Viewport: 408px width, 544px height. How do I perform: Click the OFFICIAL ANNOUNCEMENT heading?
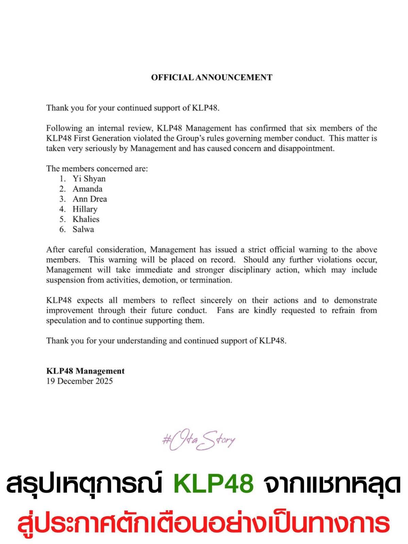[211, 78]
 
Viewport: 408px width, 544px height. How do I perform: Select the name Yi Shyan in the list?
[89, 179]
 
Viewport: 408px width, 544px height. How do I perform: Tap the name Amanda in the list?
[87, 189]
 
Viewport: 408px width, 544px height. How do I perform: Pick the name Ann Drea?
[90, 199]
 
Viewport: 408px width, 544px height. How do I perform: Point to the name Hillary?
[85, 209]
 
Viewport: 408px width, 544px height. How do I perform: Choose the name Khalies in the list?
[86, 219]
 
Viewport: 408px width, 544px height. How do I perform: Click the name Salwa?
[83, 230]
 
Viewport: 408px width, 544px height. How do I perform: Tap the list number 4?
[62, 209]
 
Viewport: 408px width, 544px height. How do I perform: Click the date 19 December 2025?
[80, 381]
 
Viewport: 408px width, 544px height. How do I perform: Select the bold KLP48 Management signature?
[85, 371]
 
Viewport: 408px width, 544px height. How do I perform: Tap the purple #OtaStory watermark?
[199, 441]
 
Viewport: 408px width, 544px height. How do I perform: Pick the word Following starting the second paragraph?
[64, 129]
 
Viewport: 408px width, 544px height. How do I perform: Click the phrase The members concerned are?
[97, 169]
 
